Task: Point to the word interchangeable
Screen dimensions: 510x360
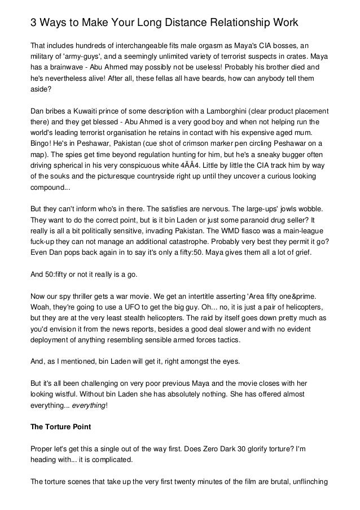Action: tap(135, 45)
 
